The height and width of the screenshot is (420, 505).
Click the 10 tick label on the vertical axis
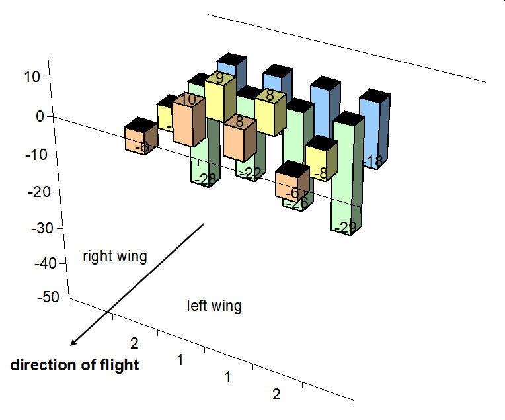coord(33,77)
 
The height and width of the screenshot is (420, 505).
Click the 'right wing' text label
coord(114,256)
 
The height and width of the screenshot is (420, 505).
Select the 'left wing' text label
coord(214,306)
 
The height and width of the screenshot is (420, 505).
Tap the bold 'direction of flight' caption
coord(75,365)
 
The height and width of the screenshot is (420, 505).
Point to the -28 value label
coord(207,179)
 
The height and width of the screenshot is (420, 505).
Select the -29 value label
coord(346,228)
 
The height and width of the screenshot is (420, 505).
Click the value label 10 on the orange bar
coord(188,101)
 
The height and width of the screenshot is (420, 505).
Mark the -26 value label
coord(295,204)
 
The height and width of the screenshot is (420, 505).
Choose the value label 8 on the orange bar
coord(239,122)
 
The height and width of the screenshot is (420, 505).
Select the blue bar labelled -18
coord(374,132)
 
